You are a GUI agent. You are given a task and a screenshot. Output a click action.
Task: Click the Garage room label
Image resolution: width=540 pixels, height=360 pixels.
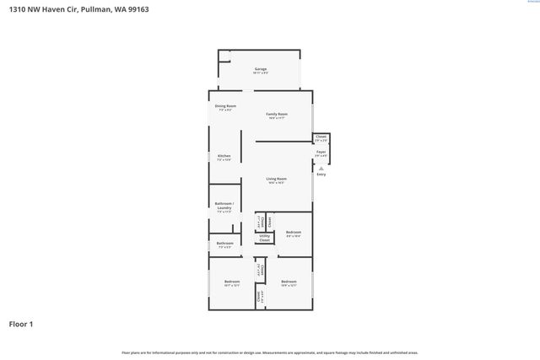click(x=260, y=69)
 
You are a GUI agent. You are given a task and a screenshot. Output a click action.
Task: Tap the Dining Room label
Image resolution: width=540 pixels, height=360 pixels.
click(x=225, y=106)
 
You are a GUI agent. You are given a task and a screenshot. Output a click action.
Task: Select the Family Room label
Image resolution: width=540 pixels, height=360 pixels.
click(x=277, y=114)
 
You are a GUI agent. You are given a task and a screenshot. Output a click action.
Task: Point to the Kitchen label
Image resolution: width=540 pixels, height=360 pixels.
click(x=224, y=156)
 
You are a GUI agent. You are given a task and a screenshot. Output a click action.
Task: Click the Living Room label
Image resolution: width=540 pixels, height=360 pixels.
click(x=277, y=179)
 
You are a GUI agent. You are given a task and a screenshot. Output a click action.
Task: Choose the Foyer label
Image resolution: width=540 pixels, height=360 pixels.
click(x=321, y=152)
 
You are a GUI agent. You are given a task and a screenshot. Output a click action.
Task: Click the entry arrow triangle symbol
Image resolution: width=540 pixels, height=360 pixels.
click(x=321, y=168)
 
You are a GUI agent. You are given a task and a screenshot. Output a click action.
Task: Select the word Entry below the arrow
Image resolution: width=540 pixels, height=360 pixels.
click(x=321, y=175)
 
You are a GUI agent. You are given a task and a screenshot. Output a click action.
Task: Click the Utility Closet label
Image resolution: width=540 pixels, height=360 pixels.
click(x=264, y=239)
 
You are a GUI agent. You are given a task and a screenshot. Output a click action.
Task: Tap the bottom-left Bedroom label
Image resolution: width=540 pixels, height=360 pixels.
click(x=232, y=282)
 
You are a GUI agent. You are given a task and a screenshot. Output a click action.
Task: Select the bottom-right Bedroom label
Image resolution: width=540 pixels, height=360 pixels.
click(x=289, y=282)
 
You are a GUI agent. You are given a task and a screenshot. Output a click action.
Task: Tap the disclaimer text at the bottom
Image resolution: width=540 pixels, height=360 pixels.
click(x=269, y=352)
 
